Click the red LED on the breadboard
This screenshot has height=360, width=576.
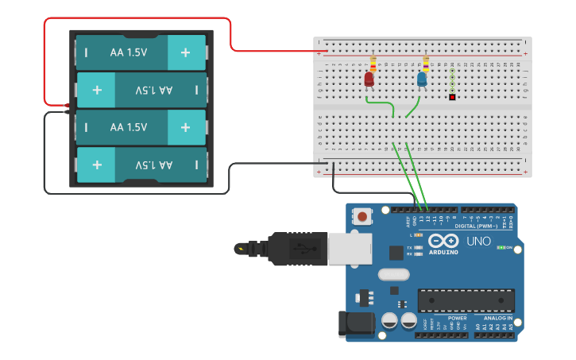point(369,79)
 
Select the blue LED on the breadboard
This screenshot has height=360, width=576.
point(422,79)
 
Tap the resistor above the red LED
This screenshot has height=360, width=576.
point(373,63)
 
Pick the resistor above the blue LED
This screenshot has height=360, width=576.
point(426,63)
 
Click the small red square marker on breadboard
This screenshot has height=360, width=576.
point(452,98)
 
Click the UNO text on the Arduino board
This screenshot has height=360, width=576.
point(478,241)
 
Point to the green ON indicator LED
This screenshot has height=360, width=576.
point(501,247)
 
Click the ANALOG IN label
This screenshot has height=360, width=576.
point(497,317)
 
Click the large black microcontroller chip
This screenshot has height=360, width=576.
point(466,300)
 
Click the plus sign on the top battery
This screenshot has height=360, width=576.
point(185,52)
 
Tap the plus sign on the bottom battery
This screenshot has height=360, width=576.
point(97,165)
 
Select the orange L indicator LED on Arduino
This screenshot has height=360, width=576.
point(418,235)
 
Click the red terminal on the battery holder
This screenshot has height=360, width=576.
point(68,105)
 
